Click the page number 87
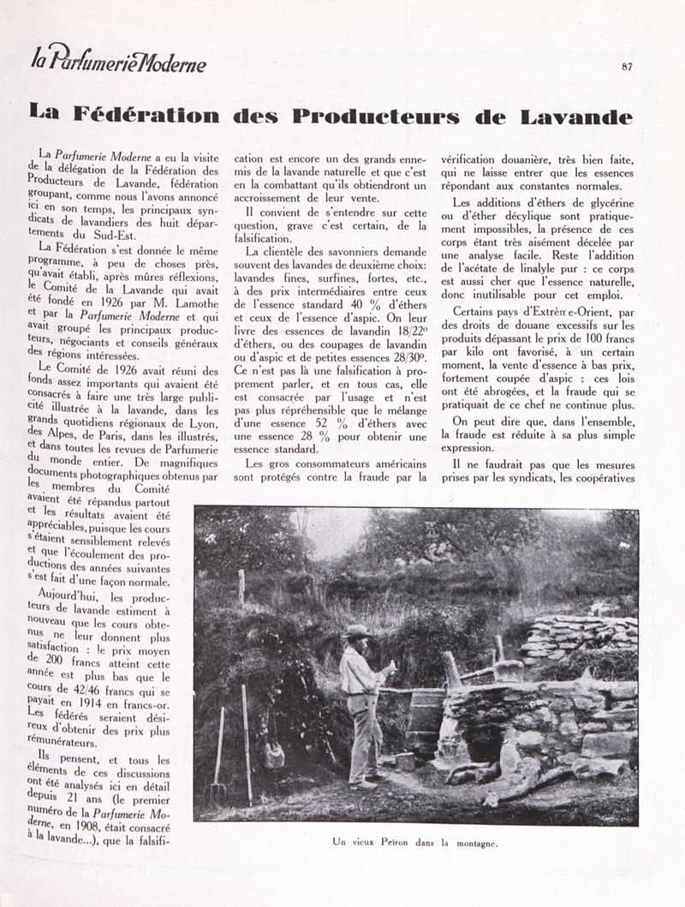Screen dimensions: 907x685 [627, 67]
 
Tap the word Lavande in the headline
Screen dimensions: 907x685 [576, 116]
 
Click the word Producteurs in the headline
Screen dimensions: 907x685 [374, 116]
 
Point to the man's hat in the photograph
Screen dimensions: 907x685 [356, 631]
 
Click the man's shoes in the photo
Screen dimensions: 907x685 [363, 783]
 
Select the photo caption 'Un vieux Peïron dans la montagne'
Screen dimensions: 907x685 [415, 843]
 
